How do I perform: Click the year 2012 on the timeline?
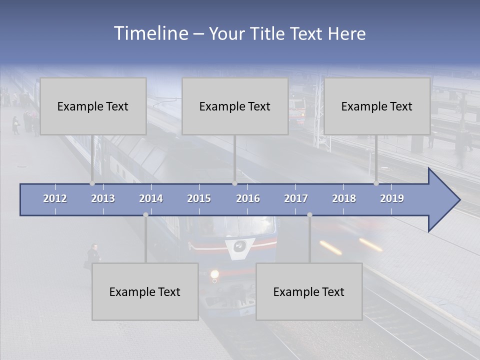(x=55, y=198)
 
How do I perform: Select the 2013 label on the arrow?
(x=103, y=198)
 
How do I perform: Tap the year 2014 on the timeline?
(x=151, y=198)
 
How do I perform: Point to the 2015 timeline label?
(x=199, y=198)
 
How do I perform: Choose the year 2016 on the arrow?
(x=248, y=198)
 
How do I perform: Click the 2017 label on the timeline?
(x=296, y=198)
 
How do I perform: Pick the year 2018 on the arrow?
(x=344, y=198)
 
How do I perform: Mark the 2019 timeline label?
(x=392, y=198)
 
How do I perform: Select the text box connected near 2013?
(x=93, y=106)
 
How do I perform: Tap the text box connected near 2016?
(x=235, y=106)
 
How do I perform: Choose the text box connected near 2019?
(x=377, y=106)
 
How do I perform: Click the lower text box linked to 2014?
(x=145, y=291)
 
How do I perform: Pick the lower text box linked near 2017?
(x=309, y=291)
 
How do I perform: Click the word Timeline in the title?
(x=150, y=33)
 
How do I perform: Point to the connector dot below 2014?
(x=145, y=214)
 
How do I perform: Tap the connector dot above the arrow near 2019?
(x=376, y=183)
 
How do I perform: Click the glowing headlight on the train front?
(x=215, y=273)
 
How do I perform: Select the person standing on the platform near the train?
(x=93, y=255)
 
